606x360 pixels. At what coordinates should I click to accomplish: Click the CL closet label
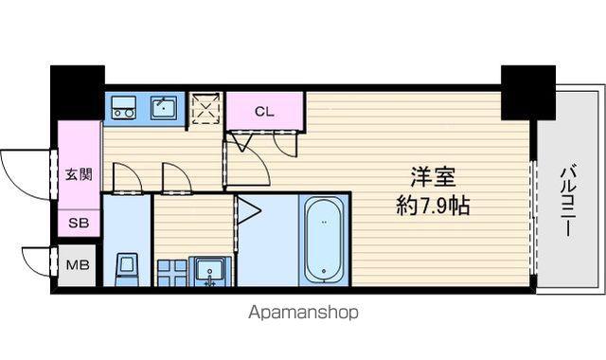[x=264, y=112]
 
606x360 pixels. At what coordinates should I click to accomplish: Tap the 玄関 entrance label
[x=79, y=174]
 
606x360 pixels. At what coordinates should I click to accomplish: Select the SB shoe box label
[x=79, y=223]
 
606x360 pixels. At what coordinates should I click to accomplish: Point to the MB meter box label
[x=78, y=265]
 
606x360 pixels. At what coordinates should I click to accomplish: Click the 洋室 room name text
[x=433, y=176]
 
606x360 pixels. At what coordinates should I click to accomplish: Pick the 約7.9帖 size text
[x=433, y=206]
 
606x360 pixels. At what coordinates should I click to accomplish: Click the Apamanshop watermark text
[x=303, y=313]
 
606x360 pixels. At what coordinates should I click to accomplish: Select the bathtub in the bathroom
[x=324, y=240]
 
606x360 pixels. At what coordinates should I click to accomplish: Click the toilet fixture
[x=127, y=269]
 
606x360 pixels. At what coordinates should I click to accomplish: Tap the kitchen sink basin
[x=164, y=107]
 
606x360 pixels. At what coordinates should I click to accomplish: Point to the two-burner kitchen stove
[x=124, y=107]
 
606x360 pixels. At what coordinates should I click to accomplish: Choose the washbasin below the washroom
[x=210, y=271]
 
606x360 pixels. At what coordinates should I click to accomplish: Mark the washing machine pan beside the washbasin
[x=172, y=273]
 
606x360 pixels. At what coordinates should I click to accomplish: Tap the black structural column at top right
[x=528, y=93]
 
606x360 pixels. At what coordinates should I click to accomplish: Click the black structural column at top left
[x=78, y=93]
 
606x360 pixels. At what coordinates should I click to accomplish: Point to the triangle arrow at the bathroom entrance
[x=248, y=210]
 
